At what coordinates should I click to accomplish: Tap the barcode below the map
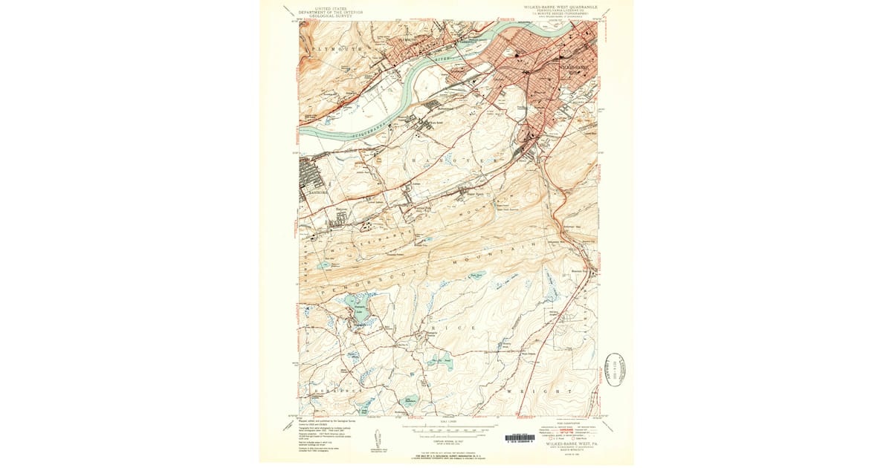tap(520, 438)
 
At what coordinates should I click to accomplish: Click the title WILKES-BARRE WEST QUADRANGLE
tap(560, 7)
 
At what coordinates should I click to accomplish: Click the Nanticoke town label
tap(313, 190)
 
